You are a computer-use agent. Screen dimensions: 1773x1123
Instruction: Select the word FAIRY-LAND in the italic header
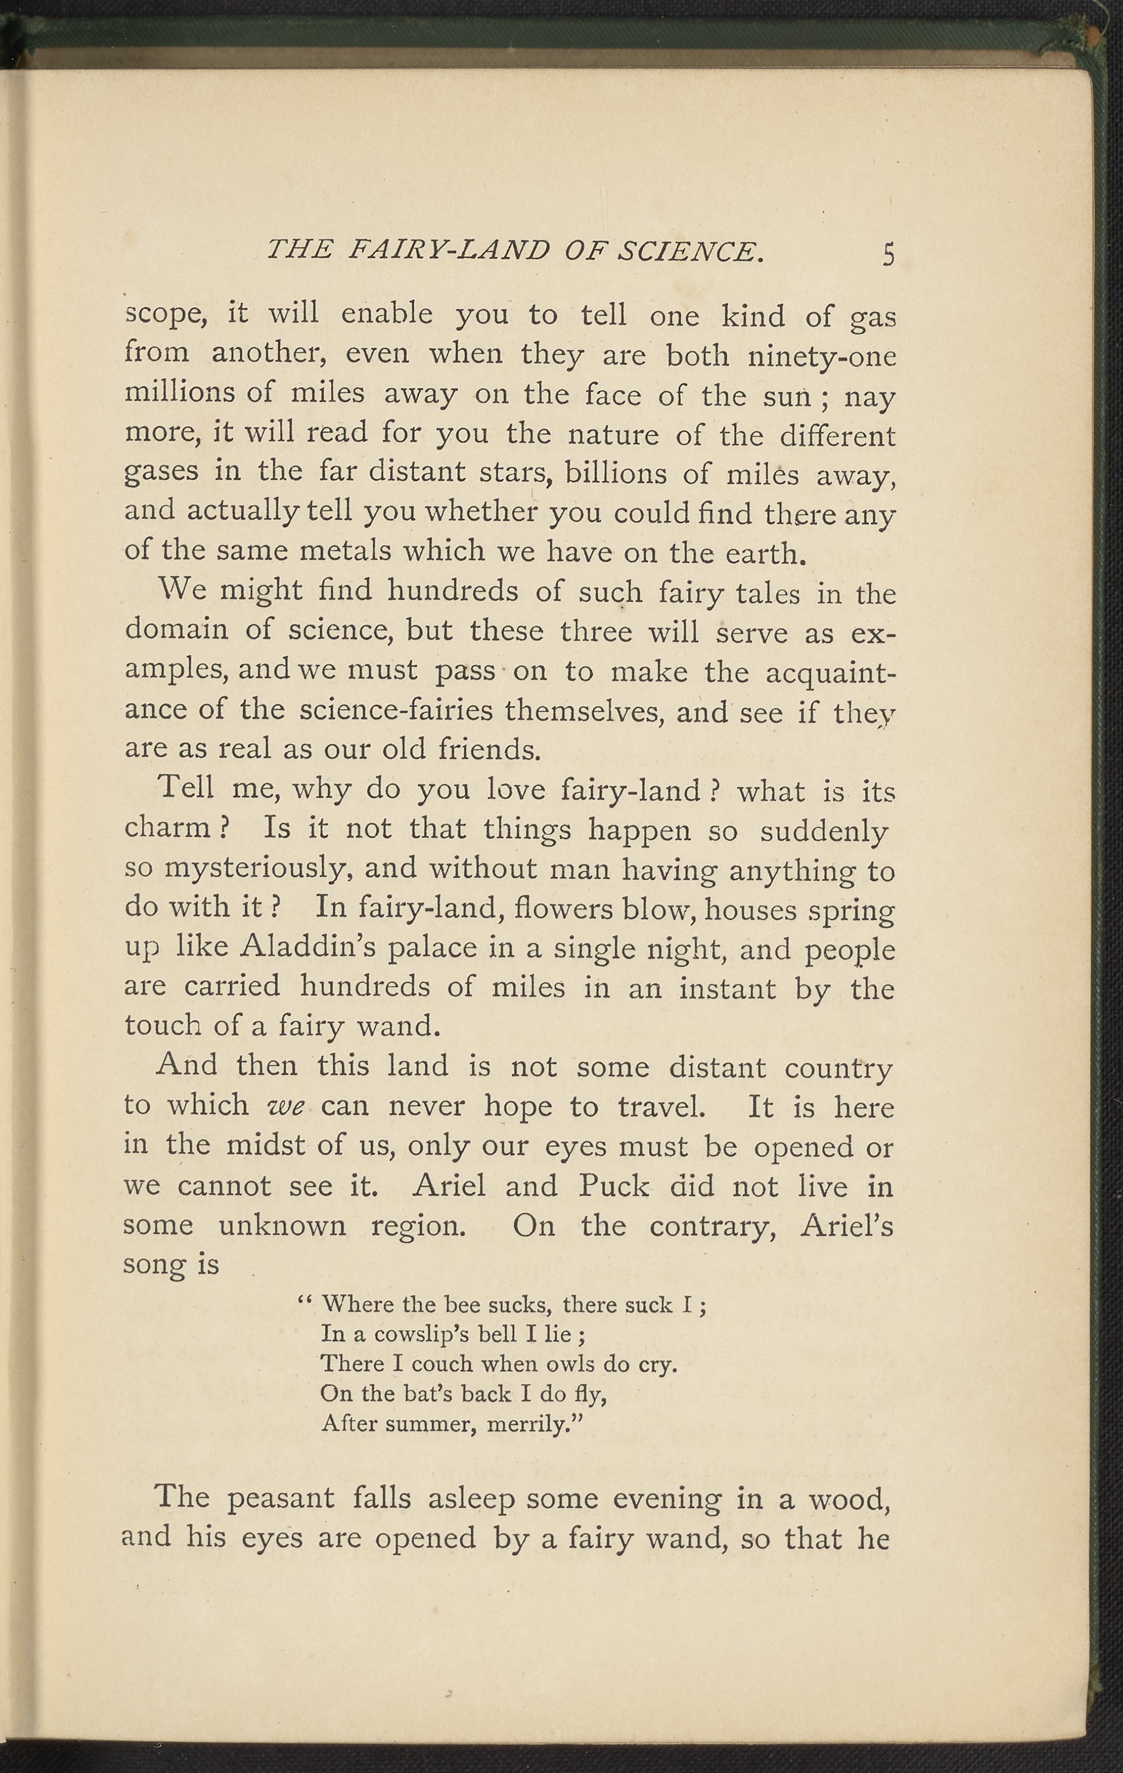[449, 252]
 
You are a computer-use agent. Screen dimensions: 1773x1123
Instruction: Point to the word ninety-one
[821, 356]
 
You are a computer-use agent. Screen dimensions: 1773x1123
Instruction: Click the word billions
[616, 474]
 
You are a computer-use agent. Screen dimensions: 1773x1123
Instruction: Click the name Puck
[613, 1186]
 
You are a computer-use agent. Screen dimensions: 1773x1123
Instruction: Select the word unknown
[282, 1226]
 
